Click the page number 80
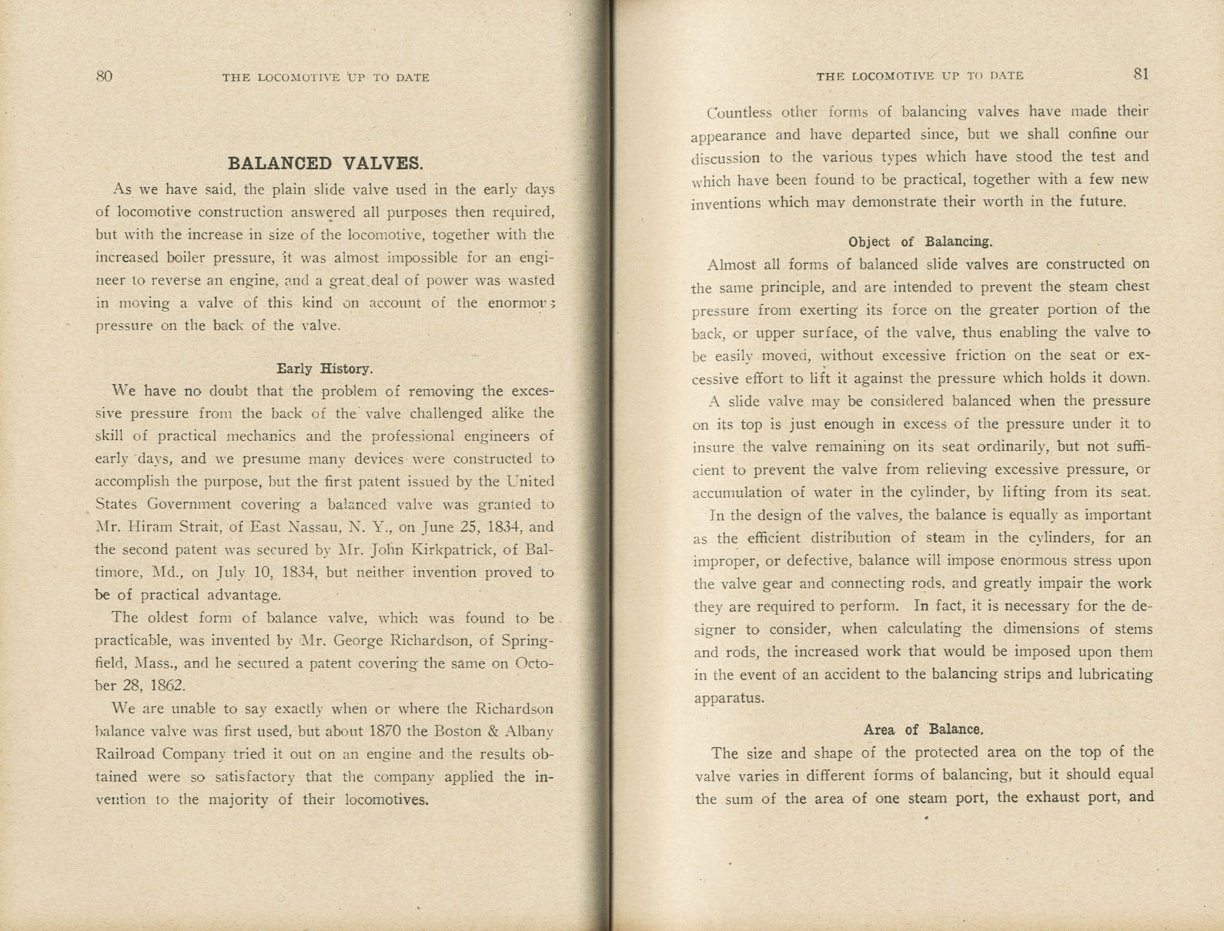coord(104,75)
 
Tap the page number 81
coord(1141,74)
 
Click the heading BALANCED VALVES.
coord(325,163)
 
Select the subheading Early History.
coord(324,369)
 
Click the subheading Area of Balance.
coord(923,729)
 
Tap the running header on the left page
coord(326,77)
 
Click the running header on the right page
coord(919,75)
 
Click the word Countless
coord(739,112)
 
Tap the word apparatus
coord(728,698)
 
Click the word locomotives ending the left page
coord(386,799)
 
